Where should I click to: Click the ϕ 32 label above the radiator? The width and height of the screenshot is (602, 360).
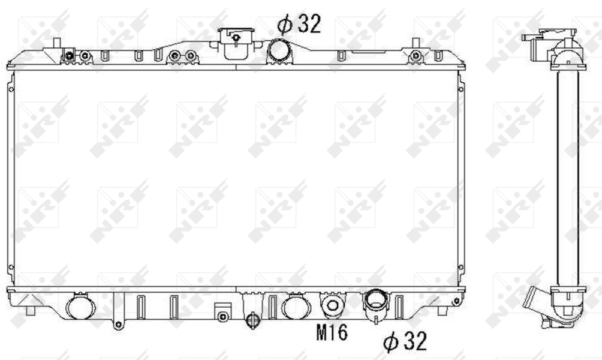pos(299,24)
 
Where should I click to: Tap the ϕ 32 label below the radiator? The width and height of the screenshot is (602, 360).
pos(405,341)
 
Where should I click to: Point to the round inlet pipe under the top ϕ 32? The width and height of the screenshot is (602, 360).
pos(280,50)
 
